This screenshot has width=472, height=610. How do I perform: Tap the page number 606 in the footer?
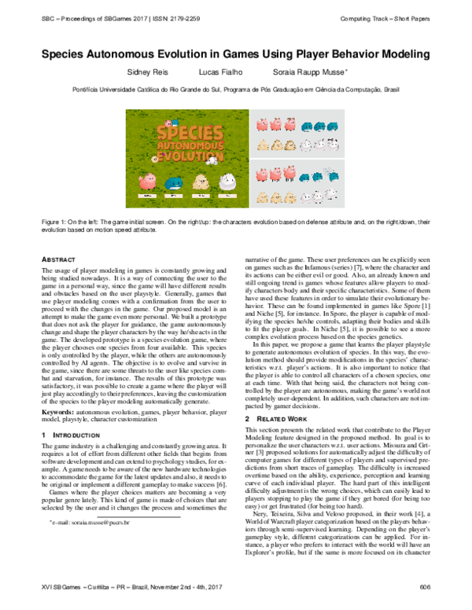[x=426, y=586]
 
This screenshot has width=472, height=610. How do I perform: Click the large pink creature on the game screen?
[x=147, y=182]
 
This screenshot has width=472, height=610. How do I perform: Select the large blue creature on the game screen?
[x=175, y=182]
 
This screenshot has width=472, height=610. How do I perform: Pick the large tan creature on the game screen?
[x=202, y=182]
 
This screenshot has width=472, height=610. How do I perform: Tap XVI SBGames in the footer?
[x=62, y=586]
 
